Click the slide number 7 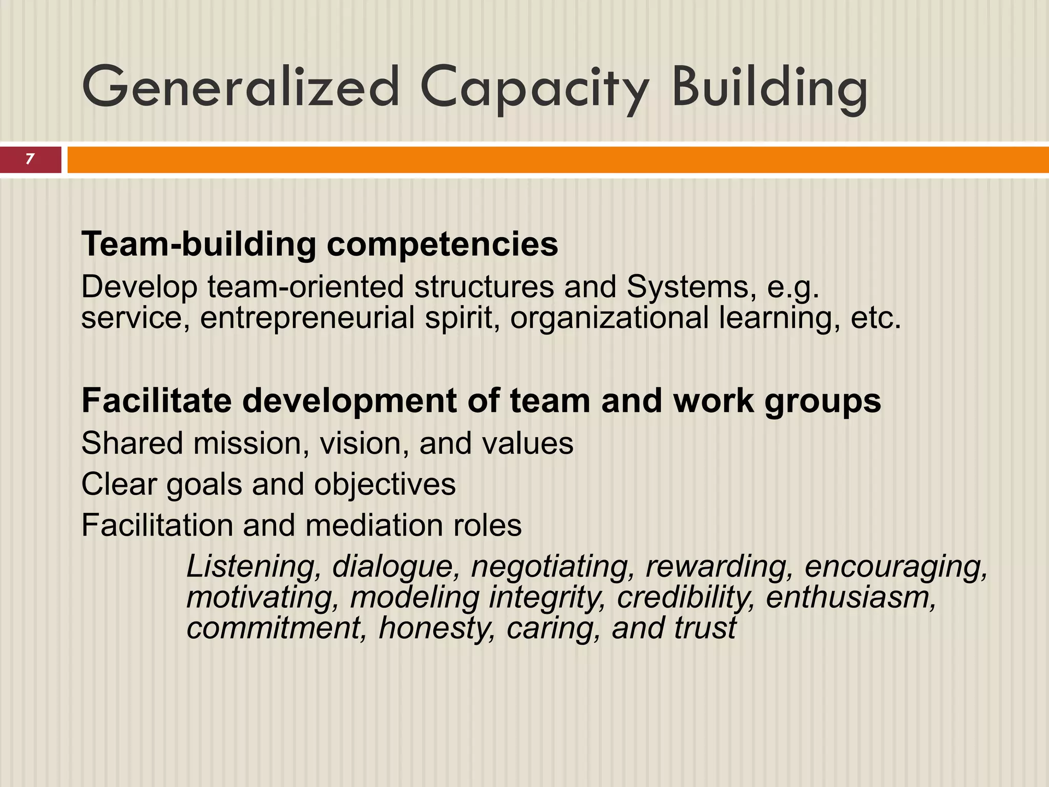[x=30, y=159]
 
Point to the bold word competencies [x=443, y=245]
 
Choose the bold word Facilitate [x=156, y=400]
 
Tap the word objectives [x=385, y=485]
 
